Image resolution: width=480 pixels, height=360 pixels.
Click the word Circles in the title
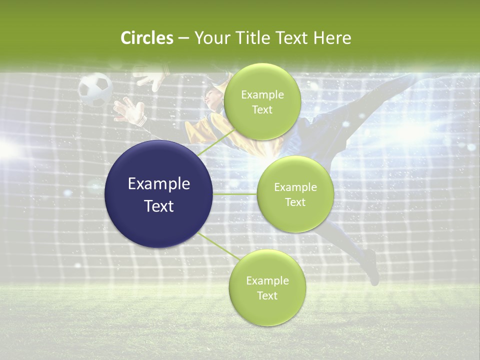point(147,38)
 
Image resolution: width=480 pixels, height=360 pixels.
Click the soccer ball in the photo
point(95,89)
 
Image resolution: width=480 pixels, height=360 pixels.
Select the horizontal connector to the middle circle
point(235,193)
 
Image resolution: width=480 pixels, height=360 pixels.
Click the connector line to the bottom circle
point(218,246)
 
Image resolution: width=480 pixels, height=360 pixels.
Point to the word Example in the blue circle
point(159,184)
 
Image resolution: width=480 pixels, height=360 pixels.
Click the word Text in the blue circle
point(159,206)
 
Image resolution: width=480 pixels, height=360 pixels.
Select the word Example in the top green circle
point(262,95)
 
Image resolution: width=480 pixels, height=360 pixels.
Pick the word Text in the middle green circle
point(295,202)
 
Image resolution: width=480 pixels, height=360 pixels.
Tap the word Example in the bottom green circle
point(267,281)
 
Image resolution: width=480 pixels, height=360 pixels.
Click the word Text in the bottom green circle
point(267,296)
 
